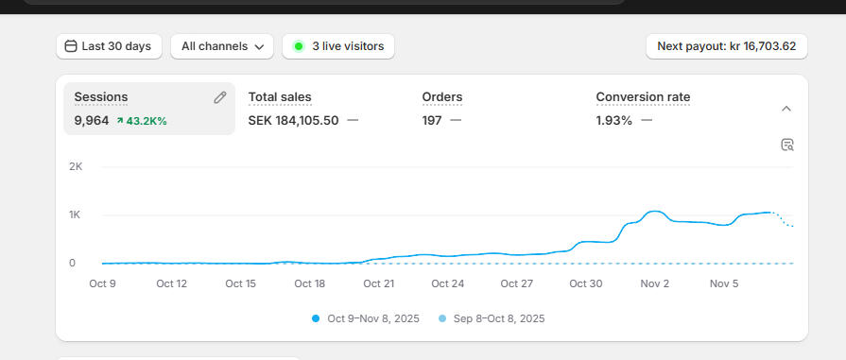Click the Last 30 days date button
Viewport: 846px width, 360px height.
(x=109, y=46)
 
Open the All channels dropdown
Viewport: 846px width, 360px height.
(x=222, y=46)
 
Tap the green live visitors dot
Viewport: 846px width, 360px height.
(x=299, y=46)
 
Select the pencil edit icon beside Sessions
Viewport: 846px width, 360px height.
(x=220, y=97)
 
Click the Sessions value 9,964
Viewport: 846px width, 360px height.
(x=92, y=120)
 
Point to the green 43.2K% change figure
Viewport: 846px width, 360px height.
(x=142, y=121)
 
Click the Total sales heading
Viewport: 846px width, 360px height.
(x=280, y=97)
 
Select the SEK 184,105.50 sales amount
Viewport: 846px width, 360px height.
(x=293, y=120)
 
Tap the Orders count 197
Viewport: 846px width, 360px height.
(x=432, y=120)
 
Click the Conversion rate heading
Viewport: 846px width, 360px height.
(x=643, y=97)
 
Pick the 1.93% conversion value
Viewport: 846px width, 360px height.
(x=614, y=120)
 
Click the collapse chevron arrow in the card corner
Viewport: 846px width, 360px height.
(x=786, y=109)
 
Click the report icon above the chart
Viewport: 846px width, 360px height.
(x=787, y=145)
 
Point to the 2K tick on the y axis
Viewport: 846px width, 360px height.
(x=77, y=166)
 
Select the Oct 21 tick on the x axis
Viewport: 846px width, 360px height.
(x=378, y=283)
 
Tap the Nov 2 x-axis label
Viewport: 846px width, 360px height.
(x=654, y=283)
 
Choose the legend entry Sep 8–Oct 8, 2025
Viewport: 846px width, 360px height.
(x=492, y=318)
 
